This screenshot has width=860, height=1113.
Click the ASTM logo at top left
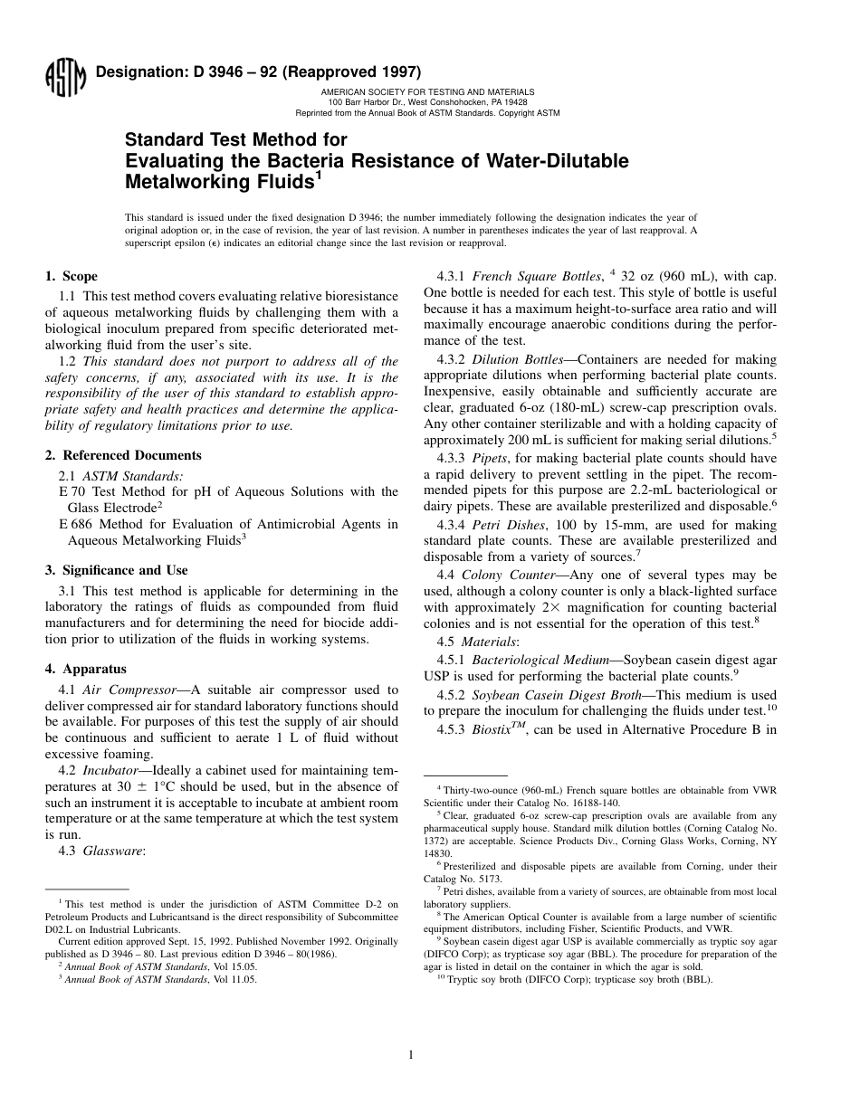pos(64,76)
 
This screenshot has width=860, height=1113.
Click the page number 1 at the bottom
pos(410,1054)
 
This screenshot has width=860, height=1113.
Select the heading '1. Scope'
pos(72,277)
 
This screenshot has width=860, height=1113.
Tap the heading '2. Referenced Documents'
pos(123,455)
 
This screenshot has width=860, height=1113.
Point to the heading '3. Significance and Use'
pos(117,570)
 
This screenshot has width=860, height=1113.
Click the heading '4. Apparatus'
pos(86,669)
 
